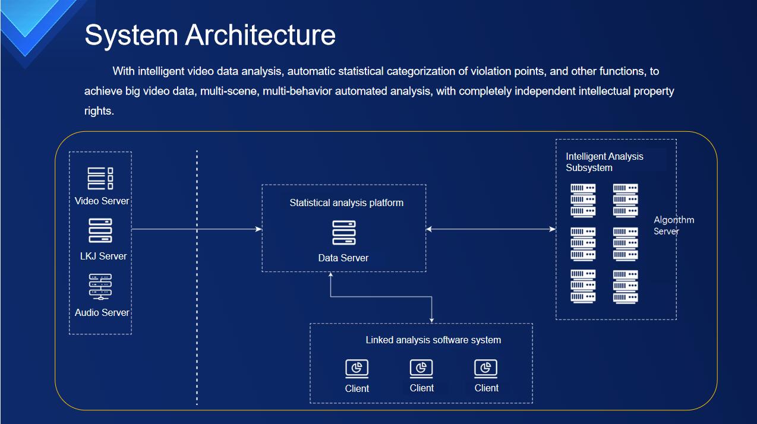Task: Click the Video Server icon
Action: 100,178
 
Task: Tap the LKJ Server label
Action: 103,256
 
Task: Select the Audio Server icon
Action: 100,286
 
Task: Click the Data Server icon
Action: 344,232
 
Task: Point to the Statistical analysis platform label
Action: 346,202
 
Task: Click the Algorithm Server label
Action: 674,225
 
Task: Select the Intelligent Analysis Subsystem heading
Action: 604,162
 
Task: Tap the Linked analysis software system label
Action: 433,340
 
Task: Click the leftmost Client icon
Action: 357,369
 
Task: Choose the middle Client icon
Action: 421,368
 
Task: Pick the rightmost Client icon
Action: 485,368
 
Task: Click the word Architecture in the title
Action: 260,35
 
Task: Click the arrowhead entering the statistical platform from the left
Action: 259,229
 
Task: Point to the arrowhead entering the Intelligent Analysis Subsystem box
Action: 553,229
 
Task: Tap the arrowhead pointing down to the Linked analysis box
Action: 431,320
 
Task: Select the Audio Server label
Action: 102,312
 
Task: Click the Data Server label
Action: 343,258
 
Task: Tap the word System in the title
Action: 131,36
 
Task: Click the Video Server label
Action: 102,201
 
